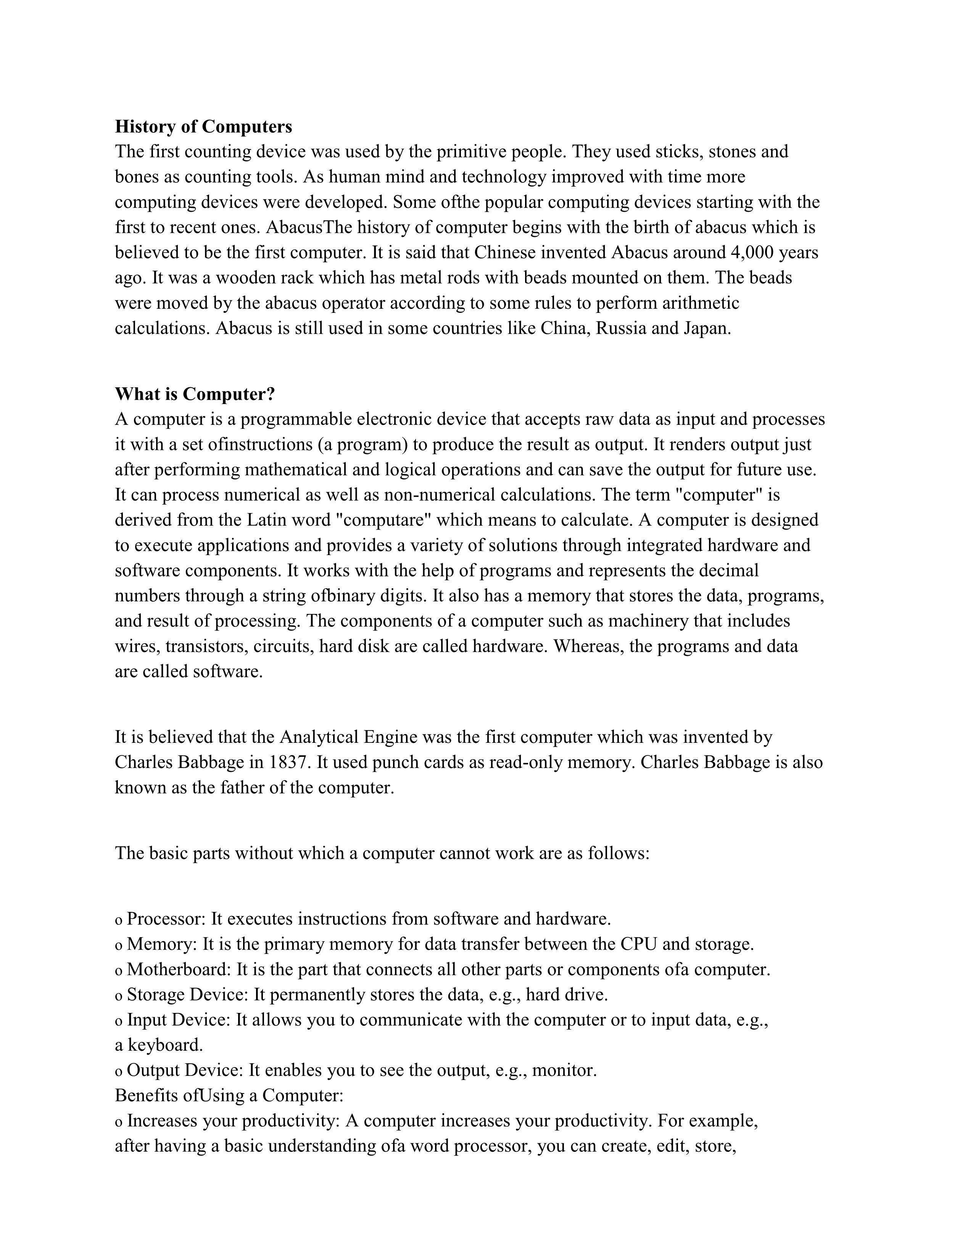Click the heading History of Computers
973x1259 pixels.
coord(203,126)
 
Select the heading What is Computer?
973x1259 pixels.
coord(195,394)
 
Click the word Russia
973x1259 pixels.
coord(621,328)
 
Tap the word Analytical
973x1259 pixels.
coord(319,737)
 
